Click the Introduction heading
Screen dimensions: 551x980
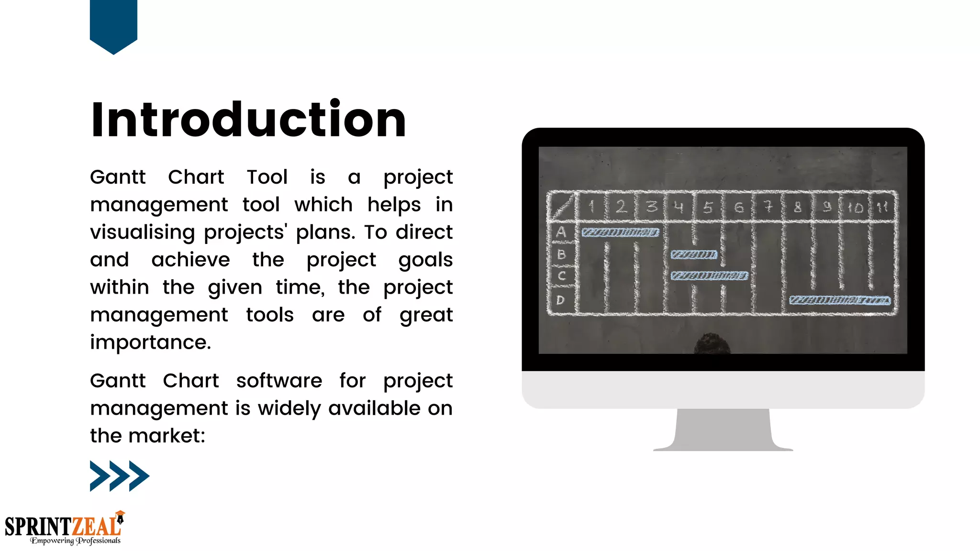248,120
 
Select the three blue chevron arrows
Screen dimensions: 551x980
119,476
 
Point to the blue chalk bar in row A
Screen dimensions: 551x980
620,232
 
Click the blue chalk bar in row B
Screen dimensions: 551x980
694,254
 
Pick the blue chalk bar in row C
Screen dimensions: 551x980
709,275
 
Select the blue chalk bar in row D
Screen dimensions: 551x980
840,300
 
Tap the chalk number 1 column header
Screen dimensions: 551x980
591,207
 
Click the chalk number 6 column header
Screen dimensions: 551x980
739,207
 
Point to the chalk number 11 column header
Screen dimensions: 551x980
882,207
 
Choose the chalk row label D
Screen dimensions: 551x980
560,300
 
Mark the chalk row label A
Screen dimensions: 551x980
561,232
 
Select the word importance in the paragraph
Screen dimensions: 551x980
150,342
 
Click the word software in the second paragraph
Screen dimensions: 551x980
279,381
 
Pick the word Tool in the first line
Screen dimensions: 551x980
267,177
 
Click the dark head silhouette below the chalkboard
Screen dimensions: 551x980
712,344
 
